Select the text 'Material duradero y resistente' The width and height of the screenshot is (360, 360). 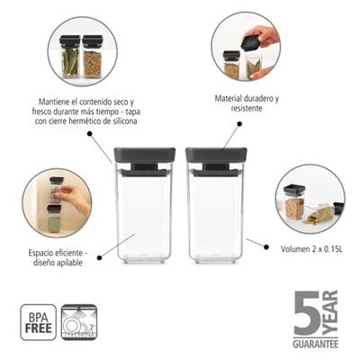pyautogui.click(x=247, y=102)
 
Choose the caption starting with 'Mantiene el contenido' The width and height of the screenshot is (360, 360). pyautogui.click(x=88, y=111)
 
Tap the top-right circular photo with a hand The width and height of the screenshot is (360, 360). pyautogui.click(x=246, y=53)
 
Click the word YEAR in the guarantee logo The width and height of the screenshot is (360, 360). pyautogui.click(x=328, y=310)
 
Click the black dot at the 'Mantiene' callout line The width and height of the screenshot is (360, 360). pyautogui.click(x=91, y=132)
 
